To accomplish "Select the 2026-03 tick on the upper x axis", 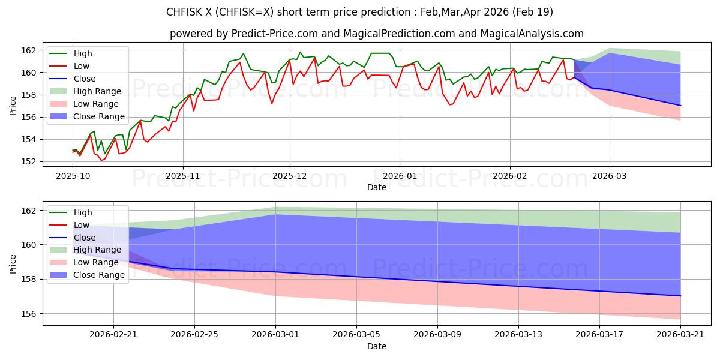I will [610, 176].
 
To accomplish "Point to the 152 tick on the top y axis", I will [29, 161].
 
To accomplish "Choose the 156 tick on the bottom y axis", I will [29, 314].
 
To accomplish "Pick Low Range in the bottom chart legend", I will [96, 262].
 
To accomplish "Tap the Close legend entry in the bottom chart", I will [84, 237].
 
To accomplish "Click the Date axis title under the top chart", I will [377, 187].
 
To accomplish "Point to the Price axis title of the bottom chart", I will [13, 263].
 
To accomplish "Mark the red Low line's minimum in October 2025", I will [101, 160].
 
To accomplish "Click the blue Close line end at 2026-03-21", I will [680, 296].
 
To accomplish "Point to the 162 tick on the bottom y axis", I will [29, 211].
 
